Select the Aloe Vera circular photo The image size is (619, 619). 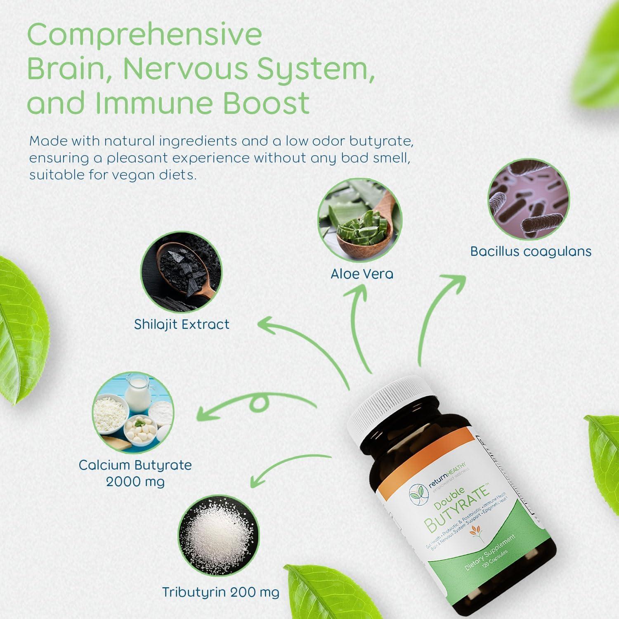(x=360, y=220)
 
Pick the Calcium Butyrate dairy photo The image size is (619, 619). (x=133, y=413)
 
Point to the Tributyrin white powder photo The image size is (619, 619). (x=219, y=536)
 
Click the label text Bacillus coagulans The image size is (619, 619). (x=531, y=251)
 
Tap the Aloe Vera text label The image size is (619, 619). (x=361, y=274)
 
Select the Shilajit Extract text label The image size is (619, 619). (x=182, y=324)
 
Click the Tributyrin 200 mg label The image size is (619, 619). (x=220, y=592)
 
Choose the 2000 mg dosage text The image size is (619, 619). (x=135, y=482)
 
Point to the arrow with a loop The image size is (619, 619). (x=256, y=404)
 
